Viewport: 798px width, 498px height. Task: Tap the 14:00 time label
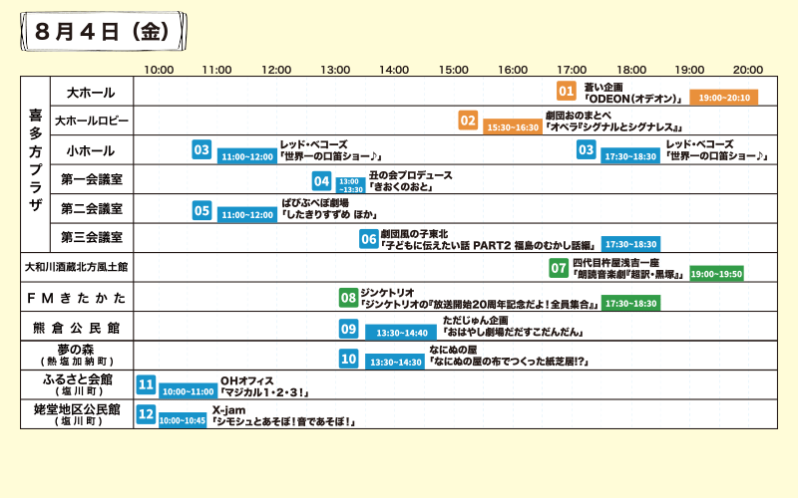click(394, 70)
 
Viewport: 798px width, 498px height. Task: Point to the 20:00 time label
click(748, 70)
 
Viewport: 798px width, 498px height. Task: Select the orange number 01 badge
click(567, 91)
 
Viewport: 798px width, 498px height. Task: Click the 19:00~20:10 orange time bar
click(724, 98)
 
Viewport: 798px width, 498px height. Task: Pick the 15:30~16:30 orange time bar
click(512, 127)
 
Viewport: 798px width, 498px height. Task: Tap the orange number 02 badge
click(468, 121)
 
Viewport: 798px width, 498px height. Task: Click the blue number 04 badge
click(321, 181)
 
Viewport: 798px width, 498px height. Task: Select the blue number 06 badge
click(368, 239)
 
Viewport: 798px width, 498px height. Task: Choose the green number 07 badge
click(559, 268)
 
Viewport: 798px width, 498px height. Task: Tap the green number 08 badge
click(348, 297)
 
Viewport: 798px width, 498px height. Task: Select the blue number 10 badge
click(348, 359)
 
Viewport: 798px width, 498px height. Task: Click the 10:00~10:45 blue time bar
click(182, 421)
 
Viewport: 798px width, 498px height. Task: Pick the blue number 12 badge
click(146, 414)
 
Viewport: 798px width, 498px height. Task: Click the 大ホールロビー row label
click(92, 122)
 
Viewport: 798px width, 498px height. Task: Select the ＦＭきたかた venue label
click(76, 298)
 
